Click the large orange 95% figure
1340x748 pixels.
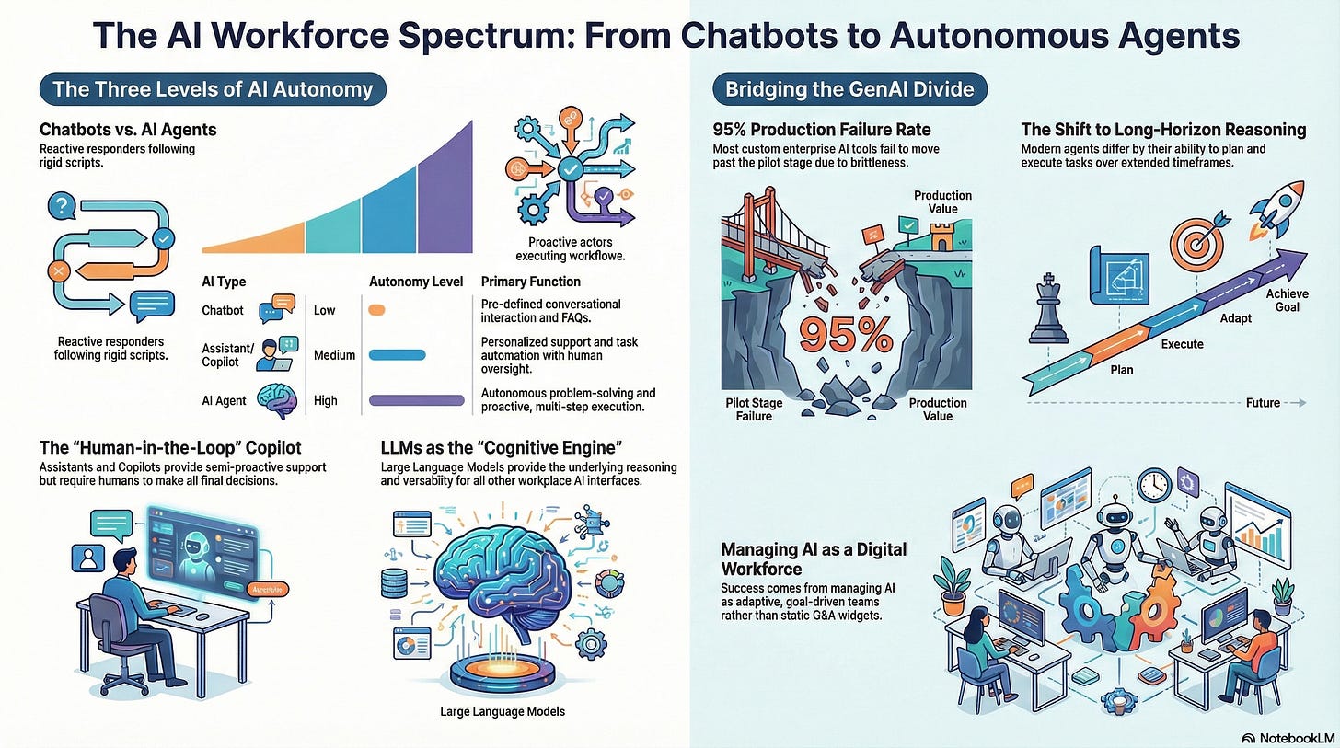846,335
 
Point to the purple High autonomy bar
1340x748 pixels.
416,400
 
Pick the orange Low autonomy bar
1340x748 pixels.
375,310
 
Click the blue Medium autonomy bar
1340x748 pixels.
397,354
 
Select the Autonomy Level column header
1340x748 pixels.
415,282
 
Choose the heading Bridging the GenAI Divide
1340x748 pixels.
849,89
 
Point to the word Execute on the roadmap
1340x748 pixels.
1182,344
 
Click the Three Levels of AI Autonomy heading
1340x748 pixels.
213,89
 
